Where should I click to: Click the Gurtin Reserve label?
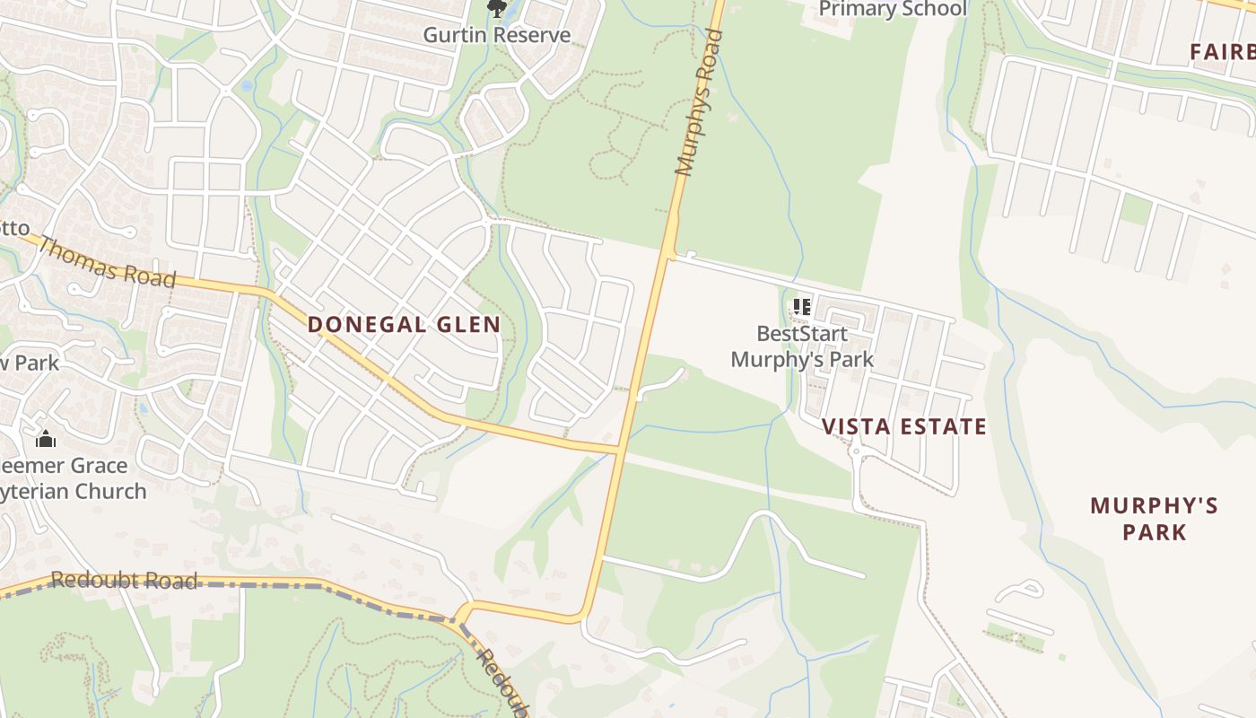496,35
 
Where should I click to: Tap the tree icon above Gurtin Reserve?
496,9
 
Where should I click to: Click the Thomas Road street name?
107,262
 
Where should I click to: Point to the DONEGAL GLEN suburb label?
404,325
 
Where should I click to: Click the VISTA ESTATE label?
904,426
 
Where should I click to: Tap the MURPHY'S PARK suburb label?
1154,519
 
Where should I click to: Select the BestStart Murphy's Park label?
802,346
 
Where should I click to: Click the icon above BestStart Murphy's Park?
802,307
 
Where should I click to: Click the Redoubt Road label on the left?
124,581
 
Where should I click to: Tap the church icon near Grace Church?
46,439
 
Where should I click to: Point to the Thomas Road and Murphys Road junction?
621,446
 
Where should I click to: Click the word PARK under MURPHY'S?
1154,532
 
